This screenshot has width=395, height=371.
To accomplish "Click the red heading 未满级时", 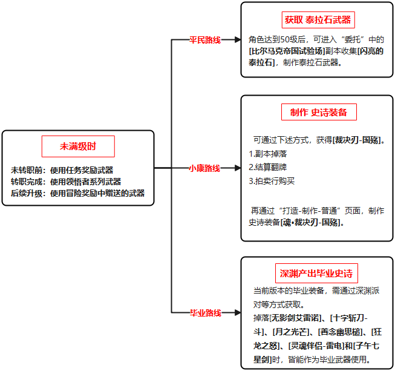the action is (78, 146).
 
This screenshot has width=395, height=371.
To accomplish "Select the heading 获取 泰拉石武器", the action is (318, 19).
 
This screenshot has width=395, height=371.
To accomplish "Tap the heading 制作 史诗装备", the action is (319, 112).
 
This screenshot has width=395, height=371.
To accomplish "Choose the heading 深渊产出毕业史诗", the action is (316, 274).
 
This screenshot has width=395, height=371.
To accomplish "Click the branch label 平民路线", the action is (205, 40).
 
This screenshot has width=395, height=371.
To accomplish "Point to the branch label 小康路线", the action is (204, 168).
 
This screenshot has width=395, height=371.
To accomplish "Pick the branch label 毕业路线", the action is (206, 313).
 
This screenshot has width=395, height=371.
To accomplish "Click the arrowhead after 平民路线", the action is (238, 39).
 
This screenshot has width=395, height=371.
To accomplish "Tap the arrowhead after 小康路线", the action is (238, 168).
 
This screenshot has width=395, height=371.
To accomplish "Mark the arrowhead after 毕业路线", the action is (238, 313).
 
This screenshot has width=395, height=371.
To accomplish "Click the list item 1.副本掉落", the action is (268, 154).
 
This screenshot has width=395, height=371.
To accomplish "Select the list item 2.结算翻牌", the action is (268, 167).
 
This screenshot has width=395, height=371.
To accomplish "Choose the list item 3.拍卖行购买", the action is (272, 181).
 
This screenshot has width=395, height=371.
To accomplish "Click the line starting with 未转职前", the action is (62, 170).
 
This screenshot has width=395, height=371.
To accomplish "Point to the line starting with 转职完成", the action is (66, 182).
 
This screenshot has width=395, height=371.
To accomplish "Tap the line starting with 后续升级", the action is (77, 193).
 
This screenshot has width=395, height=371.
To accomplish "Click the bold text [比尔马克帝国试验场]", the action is (287, 51).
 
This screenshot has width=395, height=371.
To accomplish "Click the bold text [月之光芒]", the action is (291, 332).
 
